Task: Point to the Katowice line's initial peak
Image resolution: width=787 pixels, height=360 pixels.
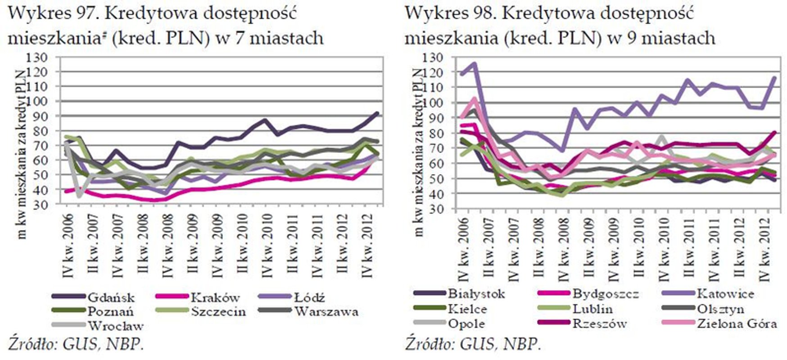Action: (x=475, y=64)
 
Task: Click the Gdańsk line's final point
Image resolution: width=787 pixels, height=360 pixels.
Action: (x=377, y=113)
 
